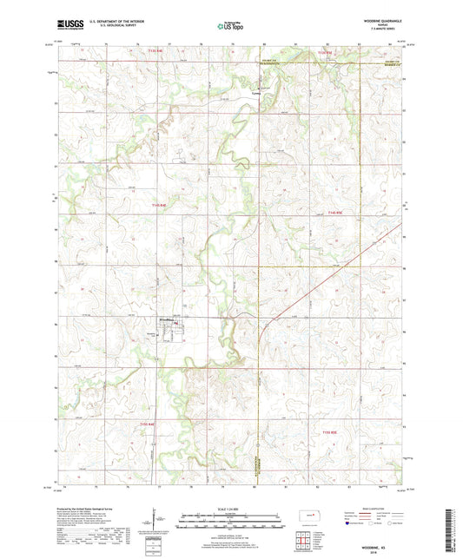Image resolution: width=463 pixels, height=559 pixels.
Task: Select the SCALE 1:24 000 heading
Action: pos(231,508)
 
